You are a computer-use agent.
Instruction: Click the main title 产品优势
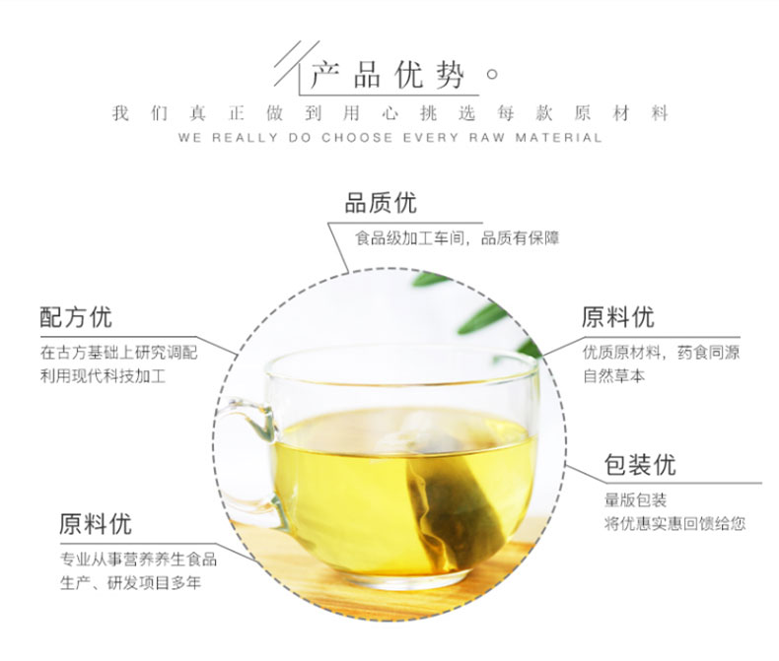click(388, 76)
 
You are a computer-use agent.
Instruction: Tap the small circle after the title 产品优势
click(492, 75)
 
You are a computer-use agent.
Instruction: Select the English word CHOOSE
click(357, 138)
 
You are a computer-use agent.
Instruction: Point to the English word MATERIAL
click(558, 138)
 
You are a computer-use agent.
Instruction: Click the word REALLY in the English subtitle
click(245, 138)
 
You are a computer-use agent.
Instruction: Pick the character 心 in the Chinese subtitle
click(390, 113)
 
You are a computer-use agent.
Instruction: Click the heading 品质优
click(381, 204)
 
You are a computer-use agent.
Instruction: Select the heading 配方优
click(76, 317)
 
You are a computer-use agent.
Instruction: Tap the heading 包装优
click(640, 465)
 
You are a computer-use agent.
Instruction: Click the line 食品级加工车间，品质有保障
click(458, 238)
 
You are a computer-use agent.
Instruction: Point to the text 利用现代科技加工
click(103, 375)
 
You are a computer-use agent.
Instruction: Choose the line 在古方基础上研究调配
click(118, 353)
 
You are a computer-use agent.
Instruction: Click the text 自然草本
click(613, 375)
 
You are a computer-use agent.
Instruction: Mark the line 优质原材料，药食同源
click(662, 353)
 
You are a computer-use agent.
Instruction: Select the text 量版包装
click(635, 499)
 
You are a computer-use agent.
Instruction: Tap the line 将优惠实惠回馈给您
click(674, 523)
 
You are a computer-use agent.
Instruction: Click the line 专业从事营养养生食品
click(139, 560)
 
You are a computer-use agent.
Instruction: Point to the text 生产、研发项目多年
click(131, 582)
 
